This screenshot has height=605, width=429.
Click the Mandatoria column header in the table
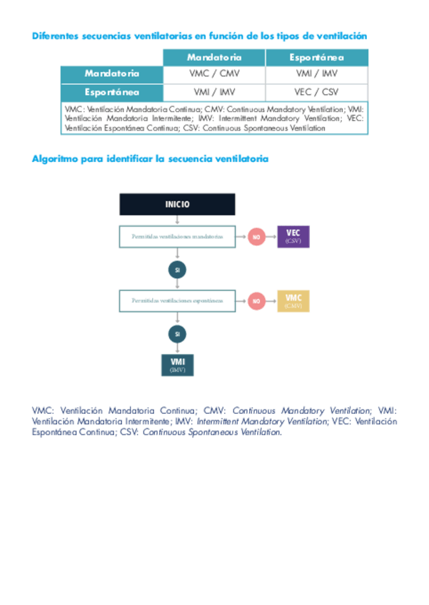point(214,57)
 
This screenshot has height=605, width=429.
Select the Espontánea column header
point(317,57)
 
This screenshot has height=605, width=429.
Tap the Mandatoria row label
point(112,73)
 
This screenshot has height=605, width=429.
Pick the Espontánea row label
point(112,92)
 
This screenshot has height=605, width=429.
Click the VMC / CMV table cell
point(214,73)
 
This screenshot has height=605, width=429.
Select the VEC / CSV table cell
point(317,92)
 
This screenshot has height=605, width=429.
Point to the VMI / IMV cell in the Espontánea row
point(214,92)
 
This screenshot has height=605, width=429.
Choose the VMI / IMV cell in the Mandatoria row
point(317,73)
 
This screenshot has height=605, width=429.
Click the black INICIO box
point(177,204)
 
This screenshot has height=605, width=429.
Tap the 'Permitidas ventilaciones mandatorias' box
point(177,236)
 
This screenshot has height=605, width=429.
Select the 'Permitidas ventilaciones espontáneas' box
point(177,300)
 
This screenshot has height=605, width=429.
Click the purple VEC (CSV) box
point(293,236)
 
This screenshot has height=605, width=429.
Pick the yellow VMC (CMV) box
point(293,300)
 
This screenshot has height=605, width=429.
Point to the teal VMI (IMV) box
point(177,364)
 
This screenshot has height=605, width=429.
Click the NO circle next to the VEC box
point(256,237)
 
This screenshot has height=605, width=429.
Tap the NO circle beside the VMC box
point(256,301)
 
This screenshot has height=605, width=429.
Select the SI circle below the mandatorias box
point(177,270)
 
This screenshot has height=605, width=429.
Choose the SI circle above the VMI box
point(177,333)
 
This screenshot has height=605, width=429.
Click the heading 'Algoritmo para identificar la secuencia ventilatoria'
point(150,158)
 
